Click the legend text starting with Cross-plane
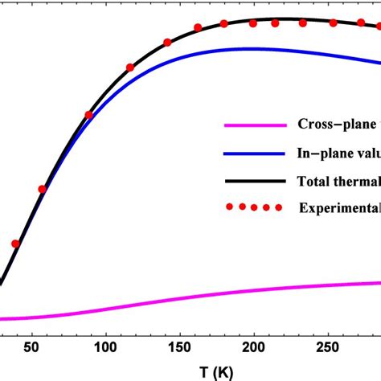[x=338, y=124]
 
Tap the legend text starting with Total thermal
[x=338, y=179]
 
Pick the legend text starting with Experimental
[x=338, y=207]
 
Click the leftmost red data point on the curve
[x=14, y=244]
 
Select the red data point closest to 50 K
[x=42, y=190]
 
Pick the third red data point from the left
[x=88, y=115]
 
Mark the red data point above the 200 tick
[x=253, y=23]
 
